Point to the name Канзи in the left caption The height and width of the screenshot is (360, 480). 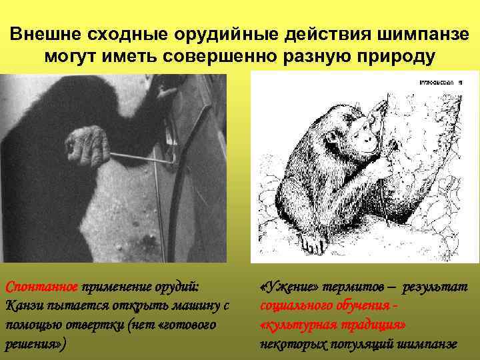coord(23,306)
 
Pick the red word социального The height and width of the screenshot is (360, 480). coord(300,306)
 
